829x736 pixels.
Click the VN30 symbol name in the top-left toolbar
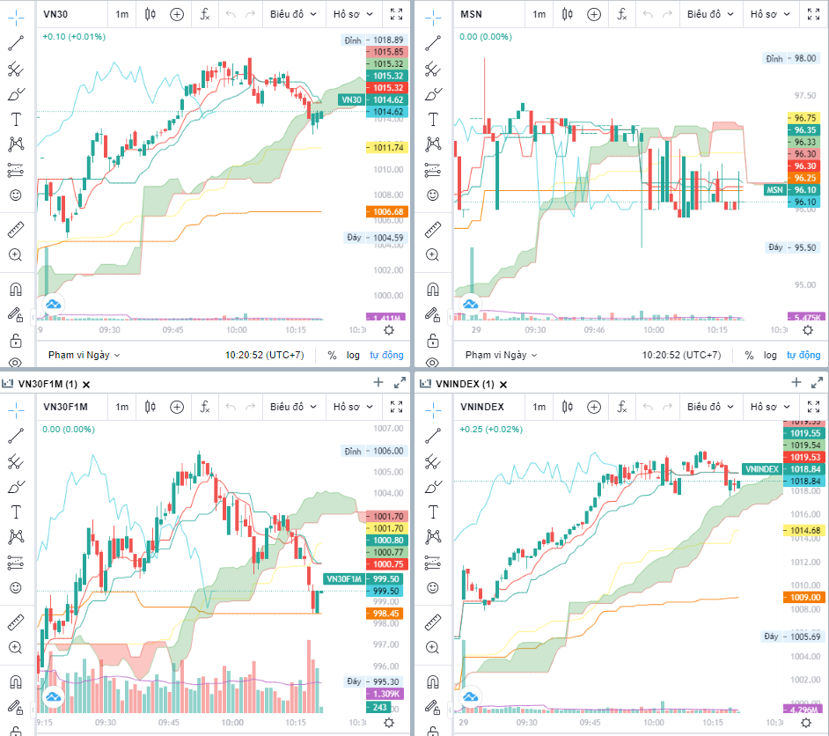click(56, 14)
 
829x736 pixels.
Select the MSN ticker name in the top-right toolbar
click(473, 14)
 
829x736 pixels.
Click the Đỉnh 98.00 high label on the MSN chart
click(791, 58)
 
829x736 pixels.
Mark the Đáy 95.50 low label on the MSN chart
click(791, 247)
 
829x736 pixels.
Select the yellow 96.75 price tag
click(804, 118)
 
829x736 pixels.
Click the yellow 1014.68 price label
click(804, 530)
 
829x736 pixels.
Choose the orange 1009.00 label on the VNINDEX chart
click(804, 597)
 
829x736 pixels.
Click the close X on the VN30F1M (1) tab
click(86, 384)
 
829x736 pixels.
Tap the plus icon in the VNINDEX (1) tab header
click(796, 382)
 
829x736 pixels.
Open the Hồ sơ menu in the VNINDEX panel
click(767, 407)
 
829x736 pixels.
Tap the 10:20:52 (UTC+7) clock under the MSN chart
click(679, 355)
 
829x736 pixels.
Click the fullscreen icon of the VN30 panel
click(397, 14)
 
